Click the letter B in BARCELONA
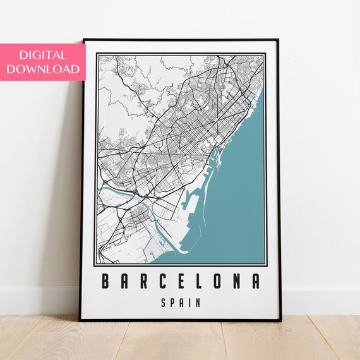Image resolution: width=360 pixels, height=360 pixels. tap(105, 281)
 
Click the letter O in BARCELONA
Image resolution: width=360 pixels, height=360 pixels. tap(218, 281)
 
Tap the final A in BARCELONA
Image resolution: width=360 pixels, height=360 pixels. tap(255, 281)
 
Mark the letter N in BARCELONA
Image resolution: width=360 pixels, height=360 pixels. tap(237, 281)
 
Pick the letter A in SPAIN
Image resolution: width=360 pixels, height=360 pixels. tap(181, 303)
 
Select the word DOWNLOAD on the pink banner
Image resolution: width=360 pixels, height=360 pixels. tap(42, 69)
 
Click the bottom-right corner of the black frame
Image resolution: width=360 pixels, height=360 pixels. tap(279, 319)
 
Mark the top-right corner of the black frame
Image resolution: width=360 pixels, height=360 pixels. tap(279, 40)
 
